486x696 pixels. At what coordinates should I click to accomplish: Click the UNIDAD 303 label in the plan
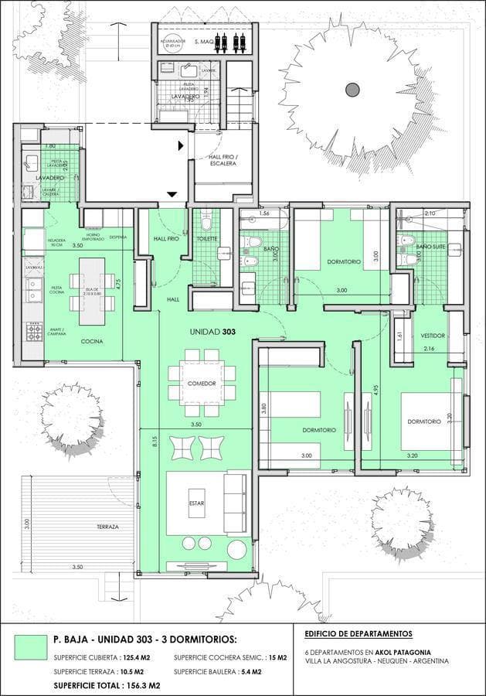click(212, 332)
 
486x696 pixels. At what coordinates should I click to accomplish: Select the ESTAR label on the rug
click(195, 503)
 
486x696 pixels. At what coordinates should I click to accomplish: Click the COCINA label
click(92, 341)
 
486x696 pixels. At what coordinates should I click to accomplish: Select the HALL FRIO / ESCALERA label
click(224, 159)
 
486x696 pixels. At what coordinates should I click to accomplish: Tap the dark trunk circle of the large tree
click(352, 89)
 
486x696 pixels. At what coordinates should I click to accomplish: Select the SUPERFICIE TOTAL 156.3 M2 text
click(107, 685)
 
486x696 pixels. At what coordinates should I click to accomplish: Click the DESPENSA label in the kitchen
click(117, 237)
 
